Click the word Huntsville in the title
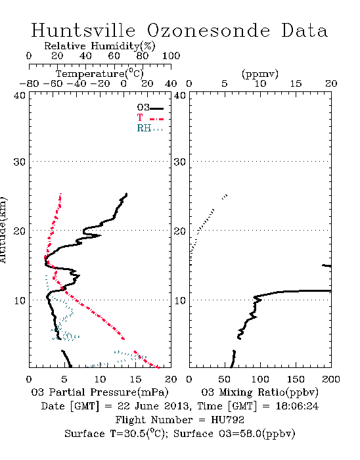point(83,30)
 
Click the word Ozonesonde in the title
point(208,30)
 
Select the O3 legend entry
point(150,108)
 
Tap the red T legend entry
point(150,118)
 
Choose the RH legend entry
point(150,128)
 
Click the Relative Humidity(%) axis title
point(100,46)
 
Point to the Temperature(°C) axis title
point(100,74)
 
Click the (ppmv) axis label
point(260,74)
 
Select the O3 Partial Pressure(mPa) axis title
point(100,392)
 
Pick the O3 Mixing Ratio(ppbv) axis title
point(259,392)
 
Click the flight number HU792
point(227,420)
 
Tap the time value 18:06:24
point(297,406)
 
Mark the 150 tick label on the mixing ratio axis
point(296,379)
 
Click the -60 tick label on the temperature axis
point(53,83)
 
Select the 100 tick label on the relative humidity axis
point(171,56)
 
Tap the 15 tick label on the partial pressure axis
point(135,379)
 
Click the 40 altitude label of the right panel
point(180,95)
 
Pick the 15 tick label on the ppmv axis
point(296,83)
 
